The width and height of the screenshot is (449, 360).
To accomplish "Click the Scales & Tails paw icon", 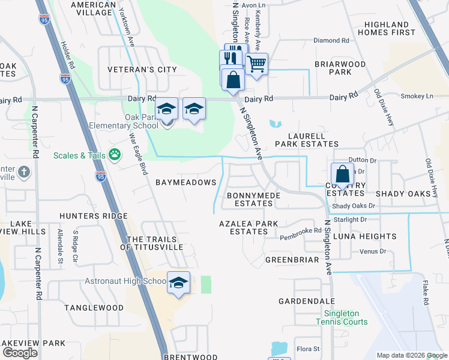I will pos(115,155).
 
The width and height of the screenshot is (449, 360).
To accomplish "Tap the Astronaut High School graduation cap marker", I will pos(178,283).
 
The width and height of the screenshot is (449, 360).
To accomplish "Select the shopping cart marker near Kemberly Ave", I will pos(256,64).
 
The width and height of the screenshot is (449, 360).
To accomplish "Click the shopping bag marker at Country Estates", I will pos(342,175).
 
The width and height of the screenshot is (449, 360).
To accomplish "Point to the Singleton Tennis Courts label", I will pos(346,317).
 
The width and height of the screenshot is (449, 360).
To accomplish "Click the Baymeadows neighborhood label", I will pos(185,182).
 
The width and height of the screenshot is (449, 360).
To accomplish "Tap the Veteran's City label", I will pos(142,70).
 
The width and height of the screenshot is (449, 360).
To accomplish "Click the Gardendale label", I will pos(307,301).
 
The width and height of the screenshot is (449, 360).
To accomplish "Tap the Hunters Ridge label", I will pos(93,216).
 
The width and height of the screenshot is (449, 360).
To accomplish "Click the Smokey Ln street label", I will pos(416,96).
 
